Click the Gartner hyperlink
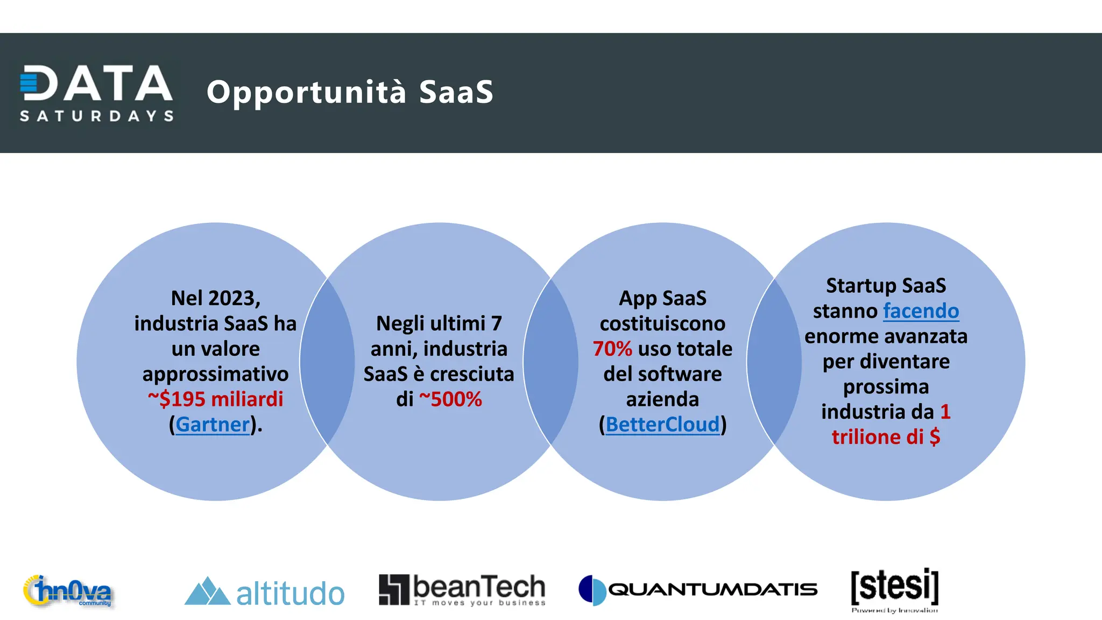[x=213, y=425]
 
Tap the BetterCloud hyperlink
[x=662, y=425]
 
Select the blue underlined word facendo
[x=921, y=311]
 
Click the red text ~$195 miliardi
[x=215, y=399]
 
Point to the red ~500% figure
[x=450, y=399]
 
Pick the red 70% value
[x=612, y=349]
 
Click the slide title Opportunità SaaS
[x=350, y=91]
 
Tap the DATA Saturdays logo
[x=97, y=93]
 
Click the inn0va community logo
[x=68, y=591]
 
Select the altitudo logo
[x=264, y=592]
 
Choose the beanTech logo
[x=462, y=590]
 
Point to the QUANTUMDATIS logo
[x=697, y=590]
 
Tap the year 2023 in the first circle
[x=231, y=298]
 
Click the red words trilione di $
[x=886, y=437]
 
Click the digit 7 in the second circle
[x=496, y=323]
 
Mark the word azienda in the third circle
[x=662, y=399]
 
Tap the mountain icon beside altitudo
[x=207, y=591]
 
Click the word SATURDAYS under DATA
[x=97, y=116]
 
